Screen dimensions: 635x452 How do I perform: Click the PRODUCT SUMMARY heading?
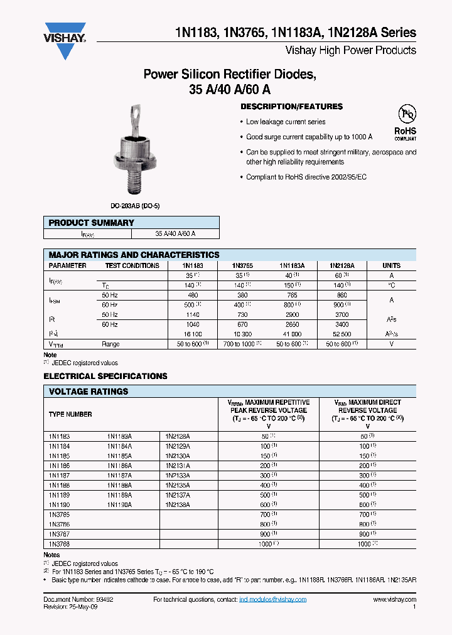[x=92, y=223]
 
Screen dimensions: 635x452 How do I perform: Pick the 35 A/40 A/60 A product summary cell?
[x=175, y=233]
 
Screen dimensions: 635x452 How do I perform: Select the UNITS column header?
[x=391, y=265]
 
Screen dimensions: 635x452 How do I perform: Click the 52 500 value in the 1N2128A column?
[x=340, y=334]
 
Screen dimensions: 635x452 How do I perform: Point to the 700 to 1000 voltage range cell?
[x=239, y=344]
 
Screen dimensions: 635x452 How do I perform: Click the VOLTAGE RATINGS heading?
[x=89, y=392]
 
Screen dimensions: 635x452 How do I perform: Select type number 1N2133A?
[x=178, y=476]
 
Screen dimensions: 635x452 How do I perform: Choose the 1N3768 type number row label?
[x=60, y=544]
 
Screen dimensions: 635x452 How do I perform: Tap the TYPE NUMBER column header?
[x=70, y=414]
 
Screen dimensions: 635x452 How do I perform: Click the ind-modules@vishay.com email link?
[x=272, y=600]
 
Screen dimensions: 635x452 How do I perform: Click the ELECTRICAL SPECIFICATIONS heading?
[x=105, y=376]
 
